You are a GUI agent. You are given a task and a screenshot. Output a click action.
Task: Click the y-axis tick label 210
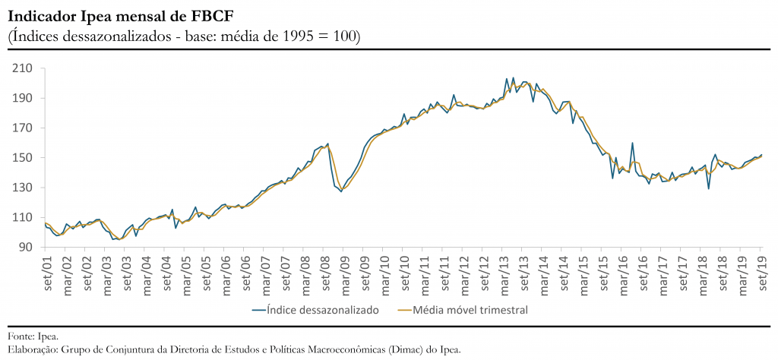pos(22,68)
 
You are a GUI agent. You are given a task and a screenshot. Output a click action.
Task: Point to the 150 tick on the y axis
pos(22,158)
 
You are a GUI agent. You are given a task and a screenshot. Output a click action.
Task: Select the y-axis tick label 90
pos(25,248)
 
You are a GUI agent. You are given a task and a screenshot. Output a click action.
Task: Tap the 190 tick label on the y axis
pos(22,99)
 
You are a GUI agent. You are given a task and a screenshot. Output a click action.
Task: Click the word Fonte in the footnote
pos(20,336)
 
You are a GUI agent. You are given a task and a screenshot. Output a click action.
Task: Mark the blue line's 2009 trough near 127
pos(341,191)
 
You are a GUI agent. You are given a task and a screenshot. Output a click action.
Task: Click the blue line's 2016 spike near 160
pos(632,143)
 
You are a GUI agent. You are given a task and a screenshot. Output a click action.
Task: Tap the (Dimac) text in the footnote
pos(400,350)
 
